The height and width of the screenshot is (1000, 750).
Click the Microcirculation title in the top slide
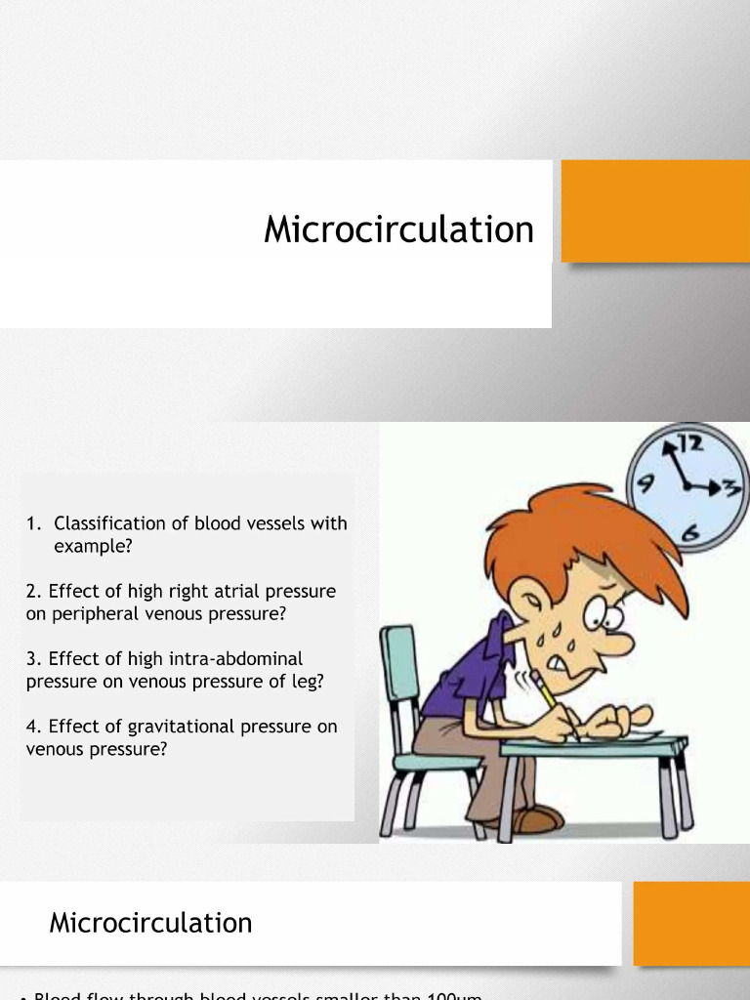click(x=398, y=230)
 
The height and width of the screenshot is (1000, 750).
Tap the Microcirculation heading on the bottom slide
click(x=150, y=923)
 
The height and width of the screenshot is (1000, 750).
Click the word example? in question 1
click(x=92, y=547)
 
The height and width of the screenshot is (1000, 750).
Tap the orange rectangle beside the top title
click(x=654, y=211)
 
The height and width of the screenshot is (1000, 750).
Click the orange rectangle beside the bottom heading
click(x=690, y=923)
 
